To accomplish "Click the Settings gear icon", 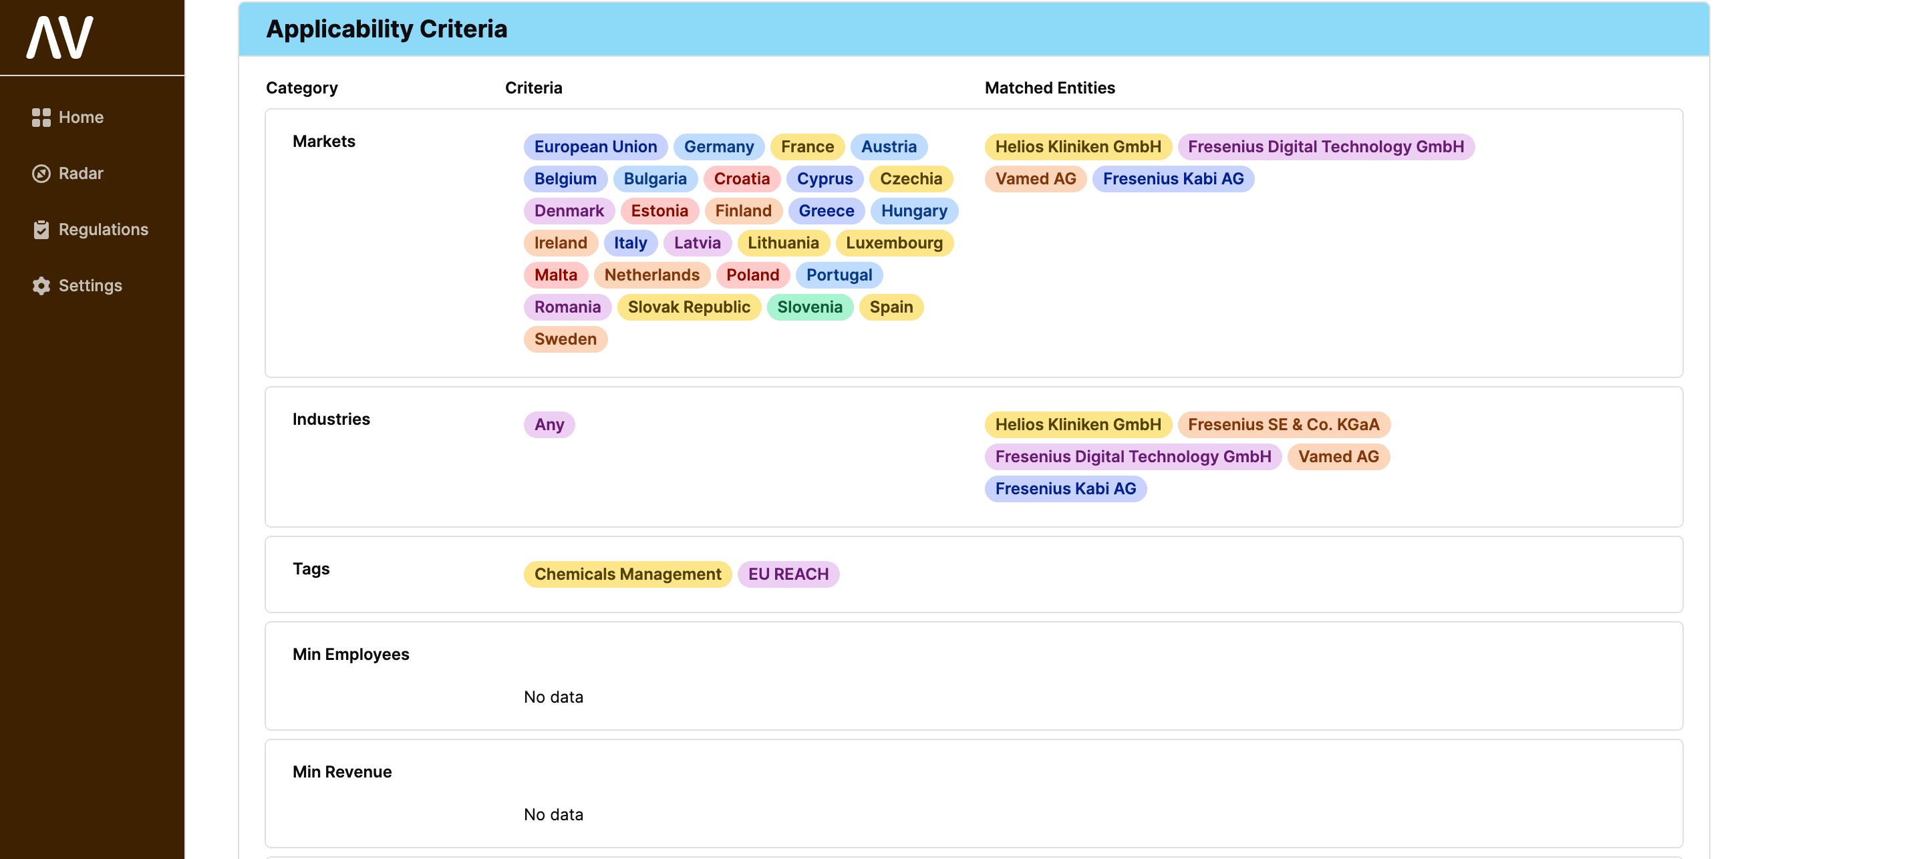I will [41, 286].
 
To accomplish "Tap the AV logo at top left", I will [59, 37].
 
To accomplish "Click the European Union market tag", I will [595, 147].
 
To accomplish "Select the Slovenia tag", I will [809, 307].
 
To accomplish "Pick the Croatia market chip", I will [741, 179].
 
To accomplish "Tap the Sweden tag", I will [565, 339].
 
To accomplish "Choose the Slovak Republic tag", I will [688, 307].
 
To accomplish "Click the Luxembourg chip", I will [893, 243].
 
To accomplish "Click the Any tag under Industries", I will [549, 425].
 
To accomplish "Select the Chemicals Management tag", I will [627, 574].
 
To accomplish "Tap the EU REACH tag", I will [788, 574].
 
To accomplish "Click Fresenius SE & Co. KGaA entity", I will [1284, 425].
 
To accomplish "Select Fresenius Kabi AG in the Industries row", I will [1064, 489].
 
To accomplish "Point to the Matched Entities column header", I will [1049, 88].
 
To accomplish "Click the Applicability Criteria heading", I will [386, 29].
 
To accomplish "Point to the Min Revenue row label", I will [342, 771].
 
